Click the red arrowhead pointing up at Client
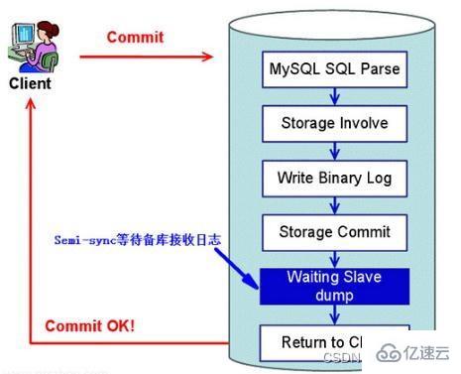32,104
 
